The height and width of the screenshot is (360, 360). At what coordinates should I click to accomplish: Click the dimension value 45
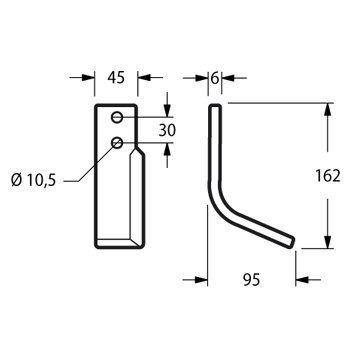(116, 78)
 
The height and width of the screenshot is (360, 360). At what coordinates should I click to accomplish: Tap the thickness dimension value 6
(215, 78)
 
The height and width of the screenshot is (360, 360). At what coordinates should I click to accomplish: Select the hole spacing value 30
(167, 131)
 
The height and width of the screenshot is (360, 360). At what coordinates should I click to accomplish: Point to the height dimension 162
(328, 176)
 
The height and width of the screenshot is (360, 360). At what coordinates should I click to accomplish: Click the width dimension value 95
(251, 280)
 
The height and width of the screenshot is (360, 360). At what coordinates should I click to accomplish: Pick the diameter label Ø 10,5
(33, 181)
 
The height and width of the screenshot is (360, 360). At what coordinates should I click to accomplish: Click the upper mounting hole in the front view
(117, 117)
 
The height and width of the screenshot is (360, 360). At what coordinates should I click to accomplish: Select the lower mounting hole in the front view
(117, 143)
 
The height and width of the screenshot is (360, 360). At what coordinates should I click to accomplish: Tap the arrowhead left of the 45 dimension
(89, 78)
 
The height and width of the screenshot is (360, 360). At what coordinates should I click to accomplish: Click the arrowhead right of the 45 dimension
(144, 78)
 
